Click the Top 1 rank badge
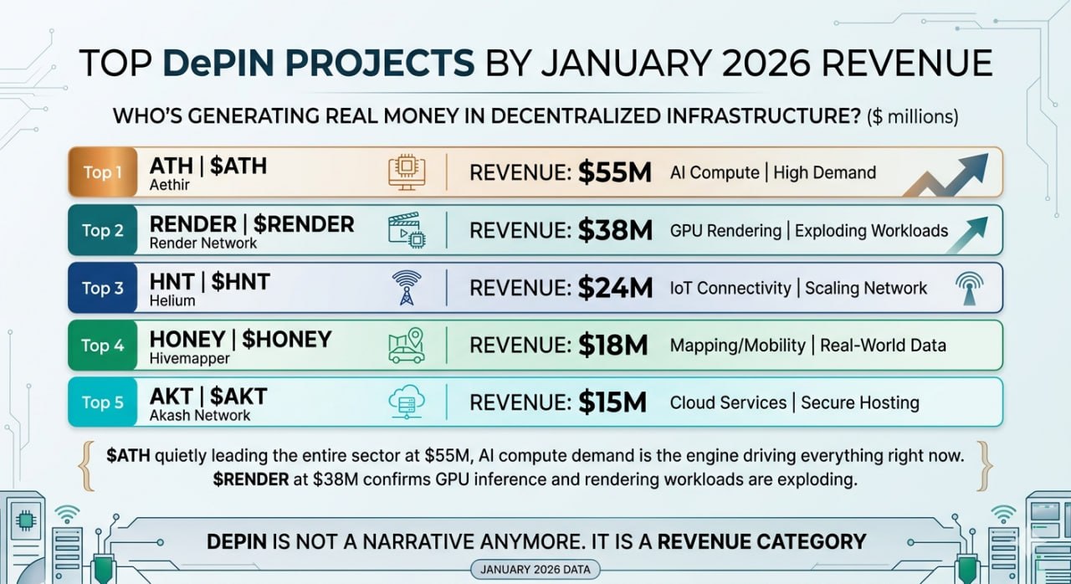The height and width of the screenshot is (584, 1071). click(x=102, y=173)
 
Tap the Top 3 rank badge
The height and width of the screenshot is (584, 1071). click(x=102, y=288)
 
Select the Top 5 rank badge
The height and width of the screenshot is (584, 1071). click(x=102, y=402)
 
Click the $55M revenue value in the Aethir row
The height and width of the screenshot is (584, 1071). click(x=614, y=173)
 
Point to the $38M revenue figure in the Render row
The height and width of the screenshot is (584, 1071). click(x=615, y=230)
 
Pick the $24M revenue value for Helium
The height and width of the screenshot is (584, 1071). click(x=615, y=288)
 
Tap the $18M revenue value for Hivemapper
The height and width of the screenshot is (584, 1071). click(x=613, y=345)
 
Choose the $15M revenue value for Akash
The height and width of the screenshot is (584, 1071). click(x=612, y=402)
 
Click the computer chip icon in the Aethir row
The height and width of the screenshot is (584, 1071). click(x=407, y=172)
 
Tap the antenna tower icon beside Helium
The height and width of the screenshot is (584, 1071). click(x=407, y=287)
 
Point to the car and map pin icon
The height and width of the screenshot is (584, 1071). click(x=407, y=345)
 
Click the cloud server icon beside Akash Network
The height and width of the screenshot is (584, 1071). click(x=407, y=402)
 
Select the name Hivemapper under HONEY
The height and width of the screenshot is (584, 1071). click(x=189, y=358)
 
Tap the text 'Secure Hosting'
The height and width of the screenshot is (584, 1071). click(x=859, y=402)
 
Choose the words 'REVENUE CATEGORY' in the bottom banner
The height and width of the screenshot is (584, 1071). click(x=761, y=541)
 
